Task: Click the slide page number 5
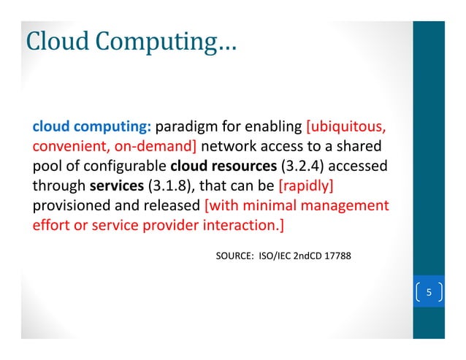(x=429, y=294)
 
